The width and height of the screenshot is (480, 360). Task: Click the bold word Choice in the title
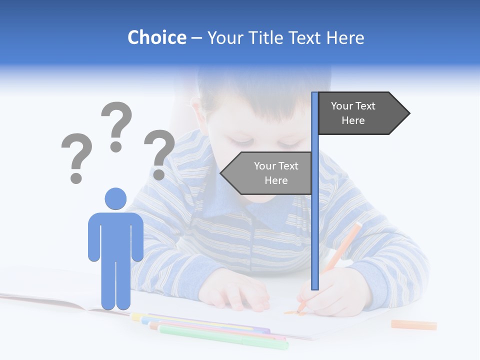[156, 37]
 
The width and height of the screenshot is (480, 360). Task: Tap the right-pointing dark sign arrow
[363, 113]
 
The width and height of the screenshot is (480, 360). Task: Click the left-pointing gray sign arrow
[266, 173]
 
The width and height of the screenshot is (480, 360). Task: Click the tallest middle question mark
[116, 125]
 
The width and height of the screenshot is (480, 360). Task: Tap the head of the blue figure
[115, 198]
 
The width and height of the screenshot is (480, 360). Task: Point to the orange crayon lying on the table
[413, 325]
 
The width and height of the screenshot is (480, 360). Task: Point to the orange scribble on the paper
[291, 313]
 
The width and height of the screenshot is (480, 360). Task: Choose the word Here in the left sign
[276, 180]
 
